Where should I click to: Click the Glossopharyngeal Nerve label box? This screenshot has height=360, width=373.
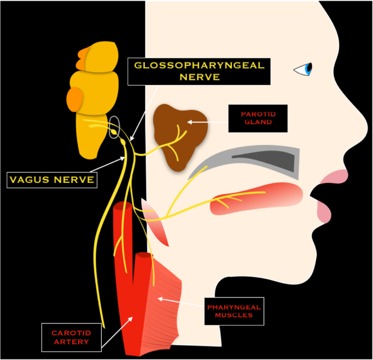click(199, 71)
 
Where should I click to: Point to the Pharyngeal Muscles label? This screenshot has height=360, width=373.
click(234, 311)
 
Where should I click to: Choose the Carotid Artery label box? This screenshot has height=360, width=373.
click(71, 337)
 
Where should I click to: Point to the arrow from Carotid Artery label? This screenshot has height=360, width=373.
click(117, 332)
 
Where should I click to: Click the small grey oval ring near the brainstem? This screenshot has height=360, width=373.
click(114, 127)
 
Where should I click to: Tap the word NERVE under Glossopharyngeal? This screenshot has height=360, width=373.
click(199, 78)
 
